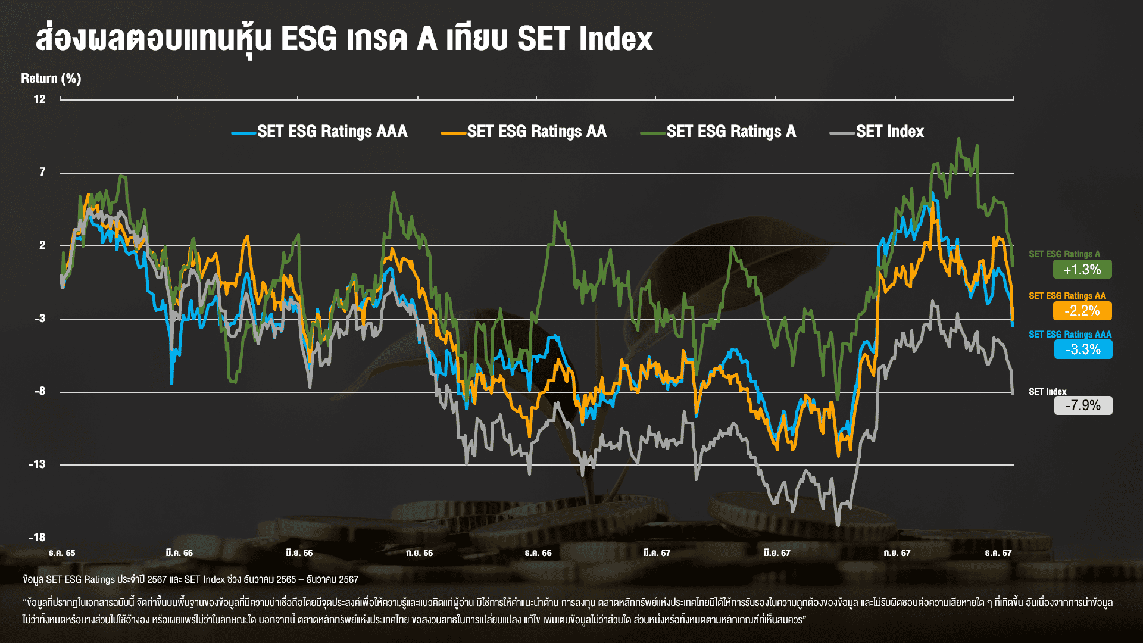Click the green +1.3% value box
(x=1082, y=270)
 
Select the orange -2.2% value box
(x=1082, y=311)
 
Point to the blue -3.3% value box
(x=1083, y=349)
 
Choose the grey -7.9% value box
(x=1083, y=405)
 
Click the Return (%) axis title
(x=51, y=79)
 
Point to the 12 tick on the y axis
(x=39, y=99)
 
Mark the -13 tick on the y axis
(x=37, y=464)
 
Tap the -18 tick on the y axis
(x=37, y=538)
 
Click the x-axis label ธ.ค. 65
(x=62, y=553)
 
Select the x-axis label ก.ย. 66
(x=419, y=553)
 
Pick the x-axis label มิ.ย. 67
(x=777, y=553)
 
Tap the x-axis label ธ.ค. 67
(x=998, y=553)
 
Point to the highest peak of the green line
(x=958, y=139)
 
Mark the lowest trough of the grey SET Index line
(x=838, y=525)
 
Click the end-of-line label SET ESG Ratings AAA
(x=1070, y=335)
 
